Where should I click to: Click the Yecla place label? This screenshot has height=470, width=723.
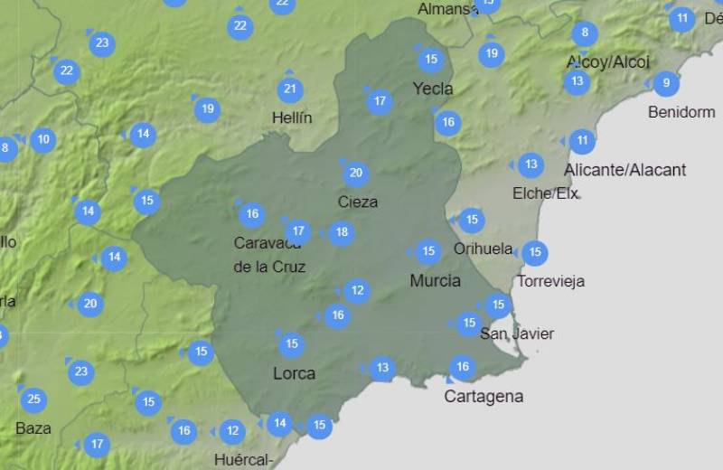click(432, 89)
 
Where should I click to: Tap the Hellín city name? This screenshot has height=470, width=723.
click(292, 117)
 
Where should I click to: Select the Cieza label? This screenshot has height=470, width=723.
click(357, 202)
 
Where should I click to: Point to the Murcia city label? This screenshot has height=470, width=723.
click(435, 280)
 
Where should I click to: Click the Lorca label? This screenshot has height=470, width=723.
click(294, 372)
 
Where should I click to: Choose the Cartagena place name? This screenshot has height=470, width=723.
click(484, 396)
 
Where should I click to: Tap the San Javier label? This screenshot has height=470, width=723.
click(517, 334)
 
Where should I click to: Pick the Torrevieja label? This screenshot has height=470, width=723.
click(550, 281)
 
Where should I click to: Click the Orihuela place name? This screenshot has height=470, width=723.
click(483, 249)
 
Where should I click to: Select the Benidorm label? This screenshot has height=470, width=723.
click(681, 112)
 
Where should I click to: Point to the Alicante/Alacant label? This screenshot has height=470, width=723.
click(624, 170)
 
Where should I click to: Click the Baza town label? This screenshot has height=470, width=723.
click(33, 428)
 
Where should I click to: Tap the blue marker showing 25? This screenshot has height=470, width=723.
click(33, 399)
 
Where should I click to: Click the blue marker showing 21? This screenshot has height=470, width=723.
click(290, 89)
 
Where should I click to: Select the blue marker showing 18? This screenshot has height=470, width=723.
click(341, 233)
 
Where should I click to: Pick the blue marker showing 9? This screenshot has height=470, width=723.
click(666, 84)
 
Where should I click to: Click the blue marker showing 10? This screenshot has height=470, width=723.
click(43, 140)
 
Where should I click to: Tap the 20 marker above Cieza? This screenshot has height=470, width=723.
click(355, 173)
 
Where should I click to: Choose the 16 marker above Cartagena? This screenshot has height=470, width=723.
click(463, 367)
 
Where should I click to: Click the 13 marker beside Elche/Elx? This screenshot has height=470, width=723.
click(531, 164)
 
